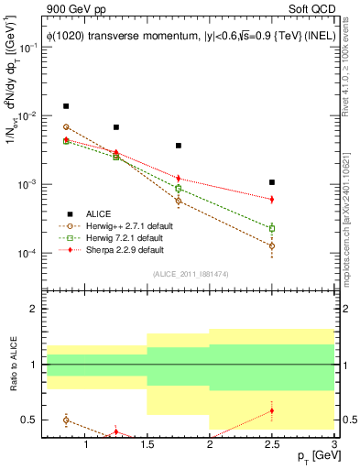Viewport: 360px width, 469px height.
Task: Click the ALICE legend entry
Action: point(100,213)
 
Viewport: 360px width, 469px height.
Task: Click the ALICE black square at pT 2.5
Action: point(272,182)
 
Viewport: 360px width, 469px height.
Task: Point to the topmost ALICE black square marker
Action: point(66,106)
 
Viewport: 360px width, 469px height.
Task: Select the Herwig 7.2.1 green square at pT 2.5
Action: point(272,228)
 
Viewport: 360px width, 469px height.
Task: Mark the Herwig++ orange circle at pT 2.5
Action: point(272,245)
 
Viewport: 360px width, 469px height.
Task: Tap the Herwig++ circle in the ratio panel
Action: point(66,420)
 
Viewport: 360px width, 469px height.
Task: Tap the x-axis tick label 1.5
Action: point(147,447)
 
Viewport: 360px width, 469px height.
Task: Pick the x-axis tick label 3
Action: point(333,447)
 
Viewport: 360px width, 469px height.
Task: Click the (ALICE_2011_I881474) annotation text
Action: point(190,273)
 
